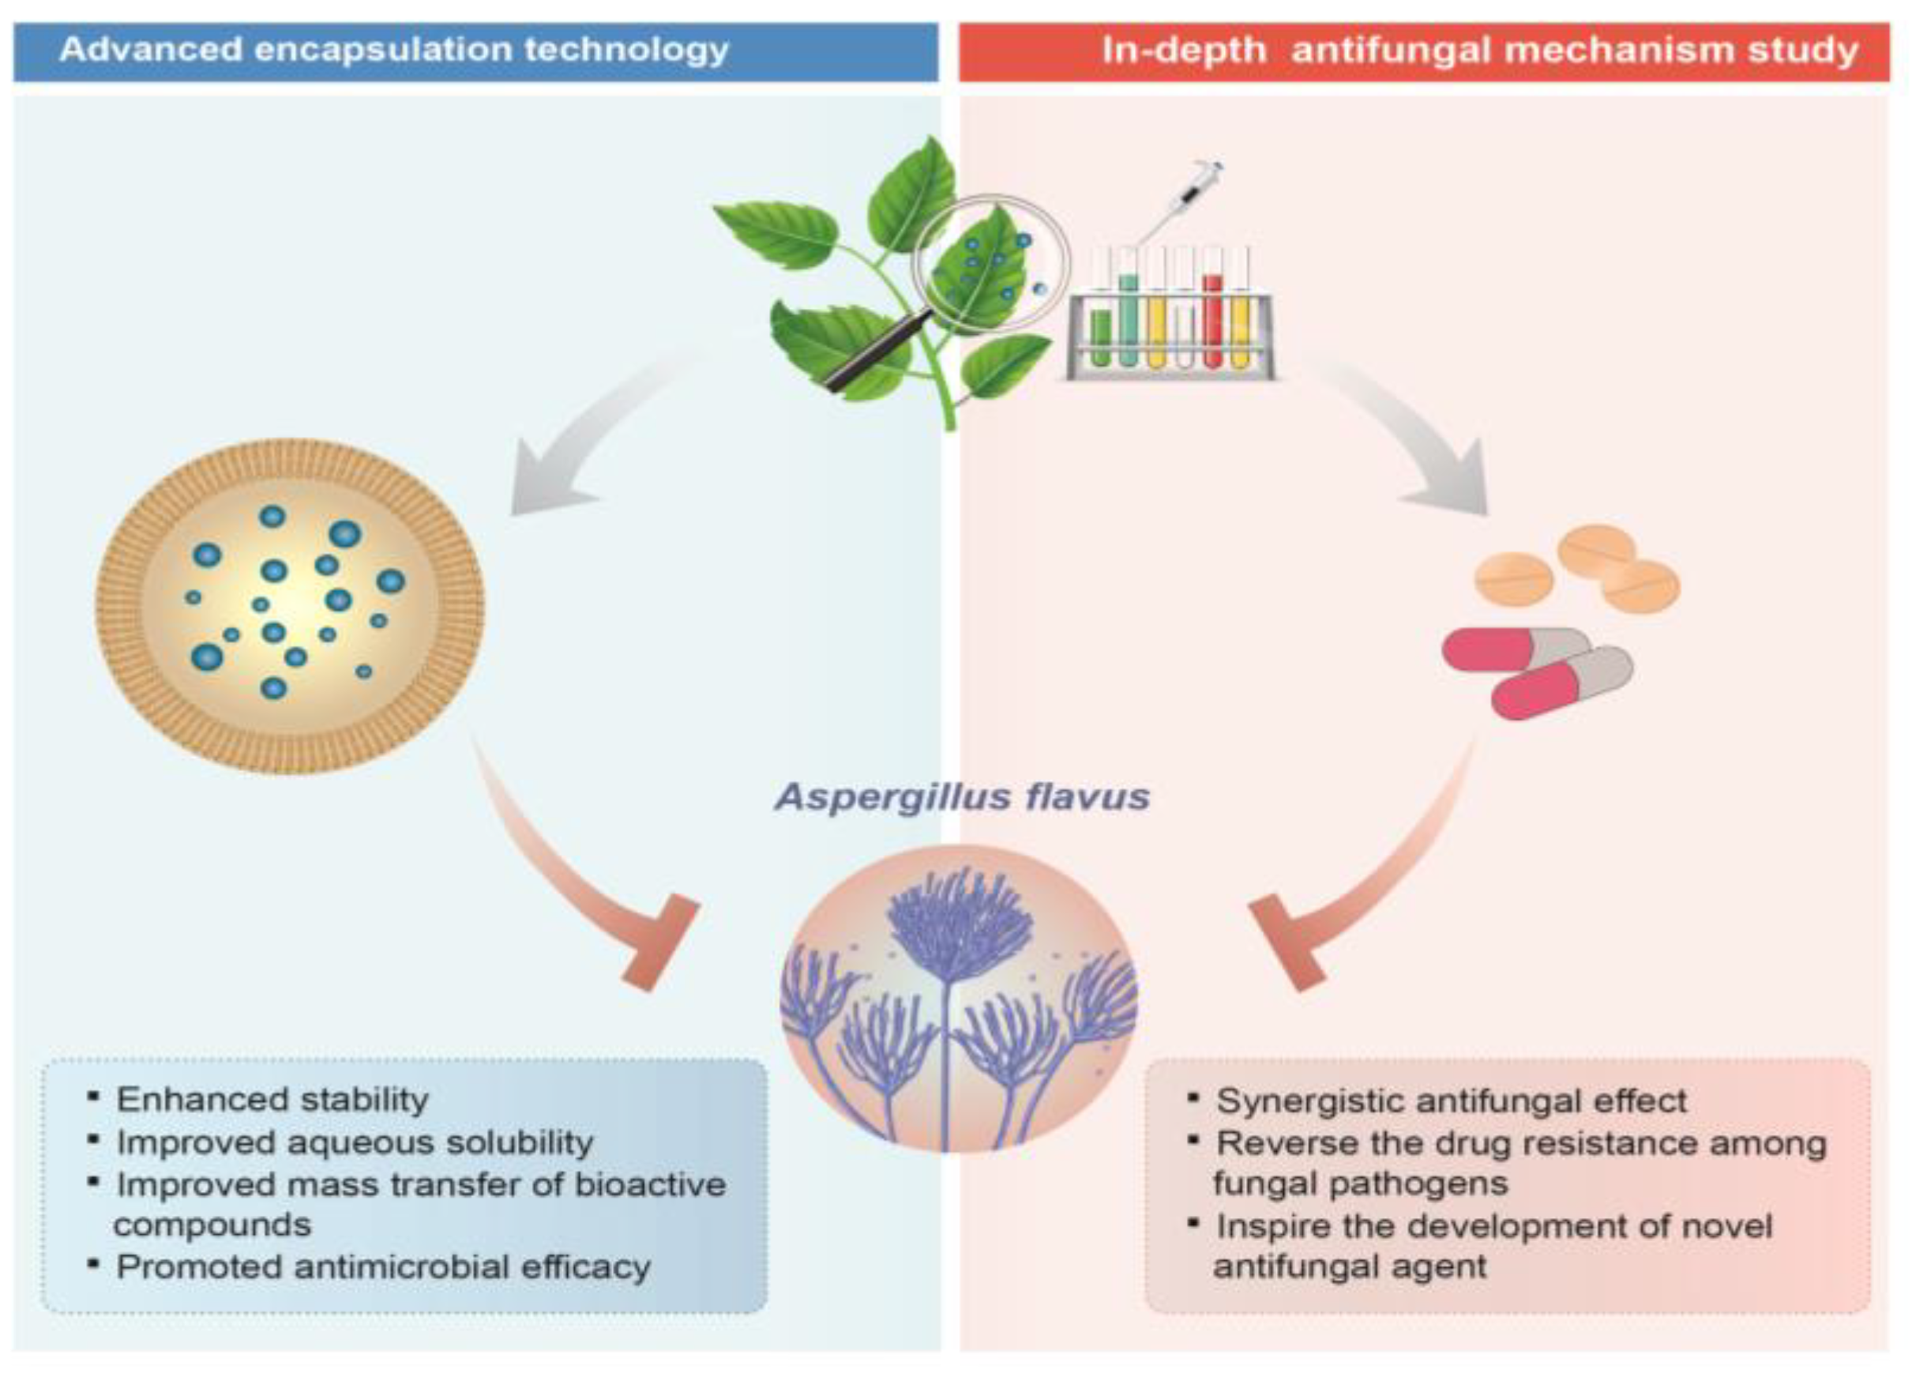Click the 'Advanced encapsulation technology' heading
[394, 51]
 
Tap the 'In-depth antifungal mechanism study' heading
[1479, 51]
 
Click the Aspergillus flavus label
[962, 797]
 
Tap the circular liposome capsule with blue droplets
[289, 605]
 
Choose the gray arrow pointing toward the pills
[1416, 438]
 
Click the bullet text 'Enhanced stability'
[272, 1100]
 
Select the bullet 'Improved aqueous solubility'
[354, 1142]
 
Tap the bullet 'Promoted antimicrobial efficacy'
[384, 1266]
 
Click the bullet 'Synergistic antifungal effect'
[1451, 1100]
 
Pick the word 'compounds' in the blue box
[212, 1225]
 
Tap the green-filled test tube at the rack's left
[1100, 337]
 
